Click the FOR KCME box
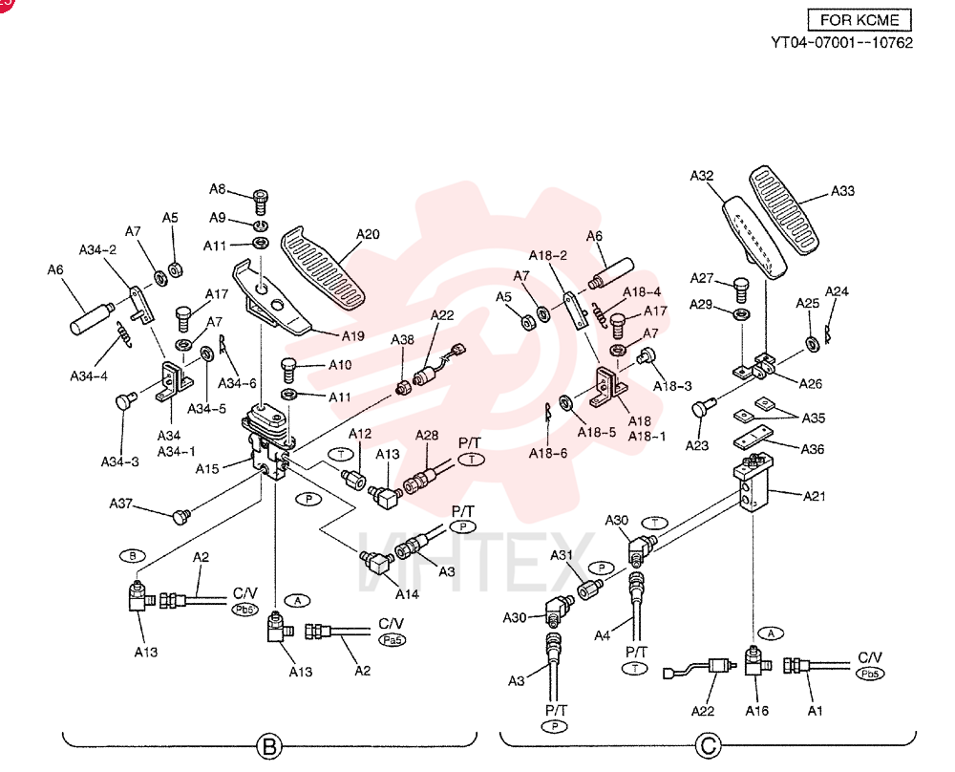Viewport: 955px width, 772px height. [x=859, y=19]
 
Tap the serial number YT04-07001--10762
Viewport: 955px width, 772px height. [x=842, y=43]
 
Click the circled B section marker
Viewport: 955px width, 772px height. [x=269, y=746]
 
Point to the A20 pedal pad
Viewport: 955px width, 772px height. [x=323, y=268]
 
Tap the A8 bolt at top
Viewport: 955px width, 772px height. [x=261, y=202]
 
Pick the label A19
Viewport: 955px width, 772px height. [x=352, y=335]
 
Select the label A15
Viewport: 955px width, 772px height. [x=207, y=468]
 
